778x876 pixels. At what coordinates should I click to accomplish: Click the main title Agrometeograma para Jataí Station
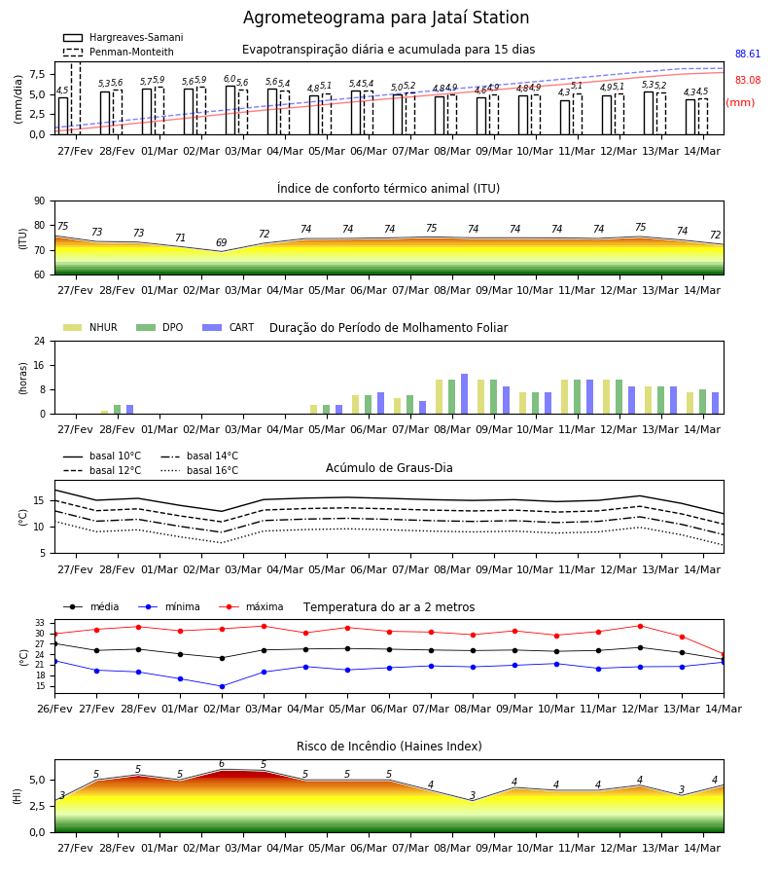386,18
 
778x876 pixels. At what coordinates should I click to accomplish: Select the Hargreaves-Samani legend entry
124,37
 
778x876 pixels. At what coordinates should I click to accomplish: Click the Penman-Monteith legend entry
119,52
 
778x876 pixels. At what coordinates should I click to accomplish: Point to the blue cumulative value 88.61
748,54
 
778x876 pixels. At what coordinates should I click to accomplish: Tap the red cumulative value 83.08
748,80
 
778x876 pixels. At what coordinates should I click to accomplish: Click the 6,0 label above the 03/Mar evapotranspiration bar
230,80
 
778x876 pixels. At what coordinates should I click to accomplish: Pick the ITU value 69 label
222,242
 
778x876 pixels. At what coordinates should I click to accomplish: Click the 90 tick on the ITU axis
40,201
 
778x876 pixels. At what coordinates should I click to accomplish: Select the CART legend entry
229,327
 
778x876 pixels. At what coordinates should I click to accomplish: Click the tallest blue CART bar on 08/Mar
464,394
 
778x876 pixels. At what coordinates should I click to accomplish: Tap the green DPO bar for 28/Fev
118,410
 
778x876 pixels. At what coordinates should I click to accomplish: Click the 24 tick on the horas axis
40,341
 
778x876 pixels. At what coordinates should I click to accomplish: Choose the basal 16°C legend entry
199,470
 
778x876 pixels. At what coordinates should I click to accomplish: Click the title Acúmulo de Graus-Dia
389,467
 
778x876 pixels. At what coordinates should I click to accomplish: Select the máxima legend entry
251,606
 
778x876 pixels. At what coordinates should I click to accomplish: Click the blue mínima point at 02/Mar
222,686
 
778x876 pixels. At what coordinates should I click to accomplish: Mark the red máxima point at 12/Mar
640,626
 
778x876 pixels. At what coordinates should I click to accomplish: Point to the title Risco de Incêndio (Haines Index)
389,746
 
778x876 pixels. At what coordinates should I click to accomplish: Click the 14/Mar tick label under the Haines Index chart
702,848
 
